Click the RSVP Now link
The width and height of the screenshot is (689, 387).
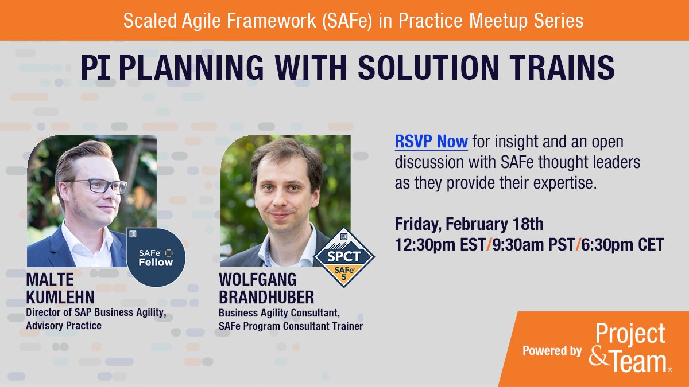431,141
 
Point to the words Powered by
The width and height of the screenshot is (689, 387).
552,351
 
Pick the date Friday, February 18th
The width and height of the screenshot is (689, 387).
469,223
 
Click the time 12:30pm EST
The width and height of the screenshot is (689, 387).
439,245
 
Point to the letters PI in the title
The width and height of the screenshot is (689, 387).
95,68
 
